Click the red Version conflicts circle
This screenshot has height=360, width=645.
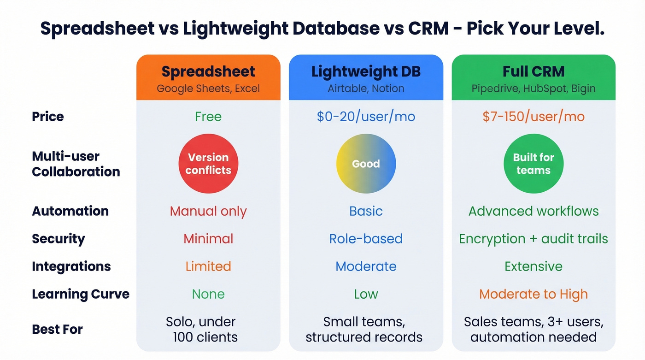pos(208,164)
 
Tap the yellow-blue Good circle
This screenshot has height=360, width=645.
pos(366,164)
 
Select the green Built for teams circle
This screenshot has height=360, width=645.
pos(534,164)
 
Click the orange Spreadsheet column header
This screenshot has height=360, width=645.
pos(208,77)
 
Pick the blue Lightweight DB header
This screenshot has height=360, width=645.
pos(366,77)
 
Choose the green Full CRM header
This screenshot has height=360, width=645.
pos(534,77)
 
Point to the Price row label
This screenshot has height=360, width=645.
pos(48,117)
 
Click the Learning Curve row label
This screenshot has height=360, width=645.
pos(81,294)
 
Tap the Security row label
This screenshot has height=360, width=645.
pos(59,239)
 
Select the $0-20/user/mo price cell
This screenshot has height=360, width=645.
pos(366,117)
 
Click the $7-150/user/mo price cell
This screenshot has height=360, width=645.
pos(534,117)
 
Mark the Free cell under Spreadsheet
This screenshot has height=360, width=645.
pos(208,117)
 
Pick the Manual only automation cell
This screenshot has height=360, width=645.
pos(208,211)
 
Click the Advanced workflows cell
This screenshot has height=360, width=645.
pos(534,211)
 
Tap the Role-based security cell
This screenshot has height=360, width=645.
pos(366,239)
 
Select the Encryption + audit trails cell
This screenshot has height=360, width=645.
pos(534,239)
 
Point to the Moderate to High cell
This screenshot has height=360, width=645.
pos(534,294)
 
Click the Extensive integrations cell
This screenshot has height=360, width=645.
pos(534,266)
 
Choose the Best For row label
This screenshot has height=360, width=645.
pos(57,330)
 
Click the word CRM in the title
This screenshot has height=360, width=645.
pos(428,29)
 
